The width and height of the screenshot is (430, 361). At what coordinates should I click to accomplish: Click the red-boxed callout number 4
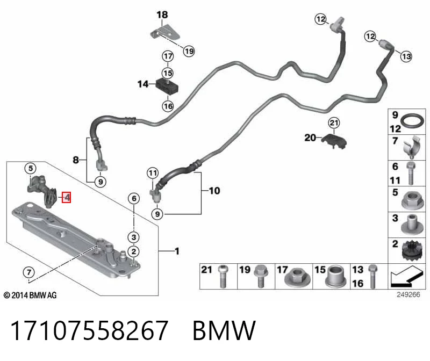(x=67, y=197)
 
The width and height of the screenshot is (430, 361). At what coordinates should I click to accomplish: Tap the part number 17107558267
(x=89, y=330)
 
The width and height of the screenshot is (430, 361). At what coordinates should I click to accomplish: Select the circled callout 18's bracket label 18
(x=162, y=15)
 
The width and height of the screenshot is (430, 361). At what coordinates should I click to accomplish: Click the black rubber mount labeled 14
(x=167, y=85)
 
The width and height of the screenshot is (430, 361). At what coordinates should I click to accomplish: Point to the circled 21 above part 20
(x=334, y=122)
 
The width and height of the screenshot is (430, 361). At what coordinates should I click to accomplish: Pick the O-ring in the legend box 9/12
(x=412, y=121)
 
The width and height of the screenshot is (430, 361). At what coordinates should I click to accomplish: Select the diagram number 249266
(x=408, y=295)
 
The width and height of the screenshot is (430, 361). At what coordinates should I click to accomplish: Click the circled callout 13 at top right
(x=406, y=56)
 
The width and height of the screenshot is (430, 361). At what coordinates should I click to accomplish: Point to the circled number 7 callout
(x=29, y=272)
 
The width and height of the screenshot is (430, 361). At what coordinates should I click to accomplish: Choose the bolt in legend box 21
(x=223, y=276)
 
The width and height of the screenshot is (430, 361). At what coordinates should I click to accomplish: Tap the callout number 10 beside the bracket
(x=214, y=191)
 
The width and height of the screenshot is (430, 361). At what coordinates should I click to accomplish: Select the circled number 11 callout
(x=153, y=173)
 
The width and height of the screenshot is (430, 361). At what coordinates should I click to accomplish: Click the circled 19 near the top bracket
(x=189, y=51)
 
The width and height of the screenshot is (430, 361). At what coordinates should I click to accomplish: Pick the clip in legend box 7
(x=411, y=148)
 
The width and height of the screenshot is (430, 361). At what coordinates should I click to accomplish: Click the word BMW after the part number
(x=224, y=330)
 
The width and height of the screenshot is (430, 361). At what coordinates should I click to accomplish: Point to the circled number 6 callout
(x=134, y=198)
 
